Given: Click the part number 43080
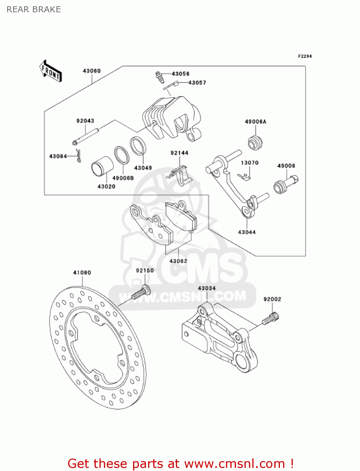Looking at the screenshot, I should pyautogui.click(x=92, y=71).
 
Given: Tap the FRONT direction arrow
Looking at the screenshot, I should pyautogui.click(x=51, y=71).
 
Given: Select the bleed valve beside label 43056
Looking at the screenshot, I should pyautogui.click(x=160, y=77).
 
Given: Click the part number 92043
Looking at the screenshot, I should pyautogui.click(x=85, y=121).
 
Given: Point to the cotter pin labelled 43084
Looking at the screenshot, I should pyautogui.click(x=78, y=156).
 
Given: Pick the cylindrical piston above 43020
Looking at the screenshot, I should pyautogui.click(x=102, y=168).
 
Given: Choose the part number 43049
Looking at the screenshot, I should pyautogui.click(x=143, y=168).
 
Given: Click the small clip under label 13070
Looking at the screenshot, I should pyautogui.click(x=244, y=176).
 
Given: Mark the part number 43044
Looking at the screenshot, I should pyautogui.click(x=247, y=232).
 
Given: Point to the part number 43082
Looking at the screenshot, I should pyautogui.click(x=178, y=261).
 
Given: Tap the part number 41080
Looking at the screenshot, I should pyautogui.click(x=82, y=273).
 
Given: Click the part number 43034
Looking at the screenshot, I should pyautogui.click(x=207, y=288).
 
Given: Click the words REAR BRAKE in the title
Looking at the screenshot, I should pyautogui.click(x=34, y=10).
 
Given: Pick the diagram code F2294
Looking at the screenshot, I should pyautogui.click(x=305, y=56).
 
